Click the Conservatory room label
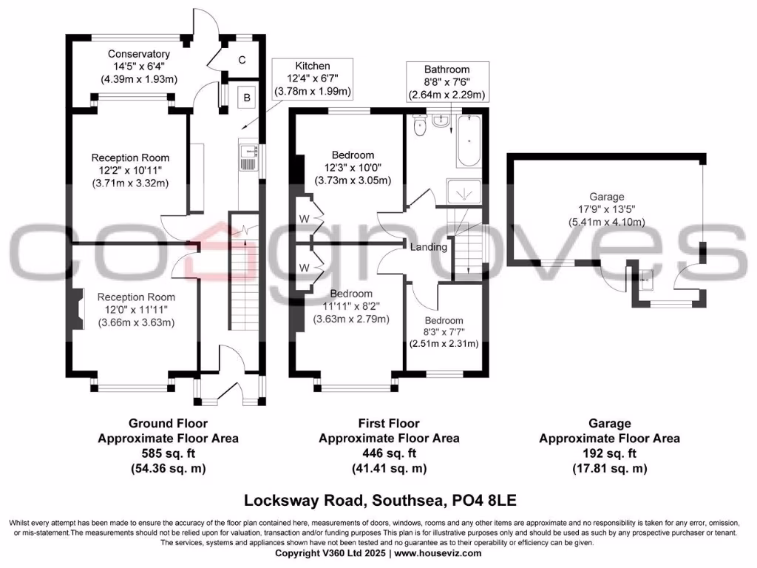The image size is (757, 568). point(138,54)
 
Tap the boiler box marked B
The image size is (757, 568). point(247,98)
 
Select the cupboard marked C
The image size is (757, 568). point(242,59)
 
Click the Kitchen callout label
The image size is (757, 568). point(313,66)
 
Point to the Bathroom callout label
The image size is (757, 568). point(447,70)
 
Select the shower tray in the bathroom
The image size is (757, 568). point(464,192)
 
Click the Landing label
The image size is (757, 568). point(429,247)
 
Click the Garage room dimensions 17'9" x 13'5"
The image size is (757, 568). point(607,209)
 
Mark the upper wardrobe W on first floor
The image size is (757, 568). point(304,219)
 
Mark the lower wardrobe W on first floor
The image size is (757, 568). point(304,268)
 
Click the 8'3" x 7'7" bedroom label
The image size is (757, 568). point(444,332)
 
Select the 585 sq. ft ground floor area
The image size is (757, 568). point(169,453)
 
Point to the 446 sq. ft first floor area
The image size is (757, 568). point(389,453)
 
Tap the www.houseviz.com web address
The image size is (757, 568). point(438,553)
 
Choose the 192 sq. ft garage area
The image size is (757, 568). point(610,453)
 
